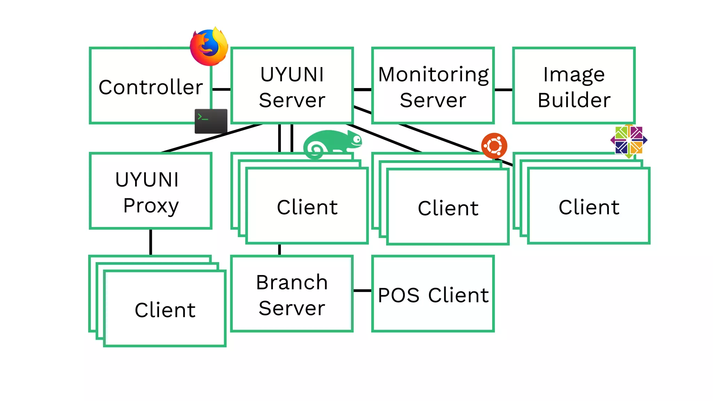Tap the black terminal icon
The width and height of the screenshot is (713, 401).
click(x=211, y=121)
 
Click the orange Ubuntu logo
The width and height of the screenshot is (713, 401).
click(x=494, y=146)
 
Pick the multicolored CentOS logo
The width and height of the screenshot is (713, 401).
click(x=629, y=140)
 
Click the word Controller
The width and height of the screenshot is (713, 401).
click(x=150, y=87)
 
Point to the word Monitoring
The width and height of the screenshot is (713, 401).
click(x=433, y=74)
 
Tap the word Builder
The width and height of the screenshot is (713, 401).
click(x=574, y=100)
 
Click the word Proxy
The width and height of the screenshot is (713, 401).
click(x=151, y=205)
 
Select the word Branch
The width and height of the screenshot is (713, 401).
click(x=292, y=282)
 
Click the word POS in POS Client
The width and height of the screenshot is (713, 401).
click(x=399, y=295)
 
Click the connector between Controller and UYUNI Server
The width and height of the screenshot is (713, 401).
click(x=221, y=89)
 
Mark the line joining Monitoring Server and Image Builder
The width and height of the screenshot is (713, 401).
click(x=503, y=89)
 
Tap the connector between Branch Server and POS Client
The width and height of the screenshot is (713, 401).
click(x=362, y=290)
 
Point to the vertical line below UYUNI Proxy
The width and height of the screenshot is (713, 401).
click(x=151, y=242)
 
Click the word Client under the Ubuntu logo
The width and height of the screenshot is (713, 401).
click(x=448, y=208)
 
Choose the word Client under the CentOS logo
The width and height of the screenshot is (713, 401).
click(x=589, y=207)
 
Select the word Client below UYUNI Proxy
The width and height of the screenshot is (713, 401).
click(x=165, y=310)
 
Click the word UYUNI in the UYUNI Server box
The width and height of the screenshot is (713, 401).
click(x=292, y=74)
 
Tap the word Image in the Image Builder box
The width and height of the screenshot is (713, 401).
click(x=574, y=74)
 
